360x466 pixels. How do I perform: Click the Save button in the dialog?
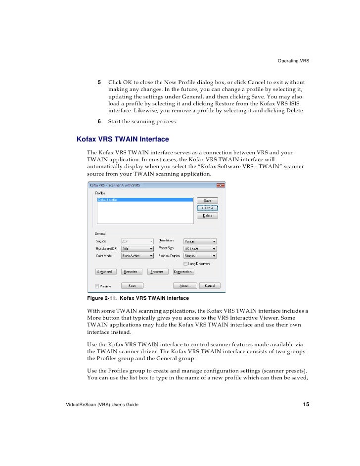[207, 201]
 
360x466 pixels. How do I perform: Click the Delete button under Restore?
[207, 216]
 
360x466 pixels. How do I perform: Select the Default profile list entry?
[144, 200]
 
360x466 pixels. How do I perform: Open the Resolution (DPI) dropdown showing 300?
[137, 249]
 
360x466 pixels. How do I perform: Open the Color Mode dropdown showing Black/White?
[137, 256]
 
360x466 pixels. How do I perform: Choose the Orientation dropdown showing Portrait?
[200, 241]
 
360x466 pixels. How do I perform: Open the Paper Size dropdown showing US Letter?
[200, 249]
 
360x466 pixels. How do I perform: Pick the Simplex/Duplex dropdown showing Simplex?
[200, 256]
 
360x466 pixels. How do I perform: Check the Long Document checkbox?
[185, 264]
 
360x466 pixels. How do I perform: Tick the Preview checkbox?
[97, 286]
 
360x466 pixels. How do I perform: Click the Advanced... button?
[105, 272]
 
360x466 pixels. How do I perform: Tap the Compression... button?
[183, 272]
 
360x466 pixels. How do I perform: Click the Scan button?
[133, 286]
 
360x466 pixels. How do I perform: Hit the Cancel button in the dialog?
[210, 286]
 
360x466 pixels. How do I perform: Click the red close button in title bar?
[221, 185]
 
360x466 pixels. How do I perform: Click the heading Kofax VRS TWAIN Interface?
[123, 140]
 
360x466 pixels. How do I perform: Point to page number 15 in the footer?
[306, 405]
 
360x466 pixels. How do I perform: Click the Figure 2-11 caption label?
[138, 299]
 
